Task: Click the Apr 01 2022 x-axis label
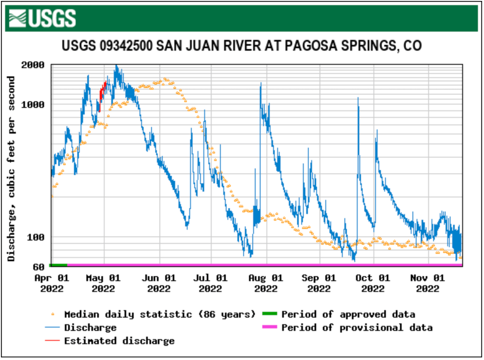click(52, 283)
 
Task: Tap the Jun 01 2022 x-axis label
click(159, 283)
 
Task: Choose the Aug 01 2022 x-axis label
click(266, 283)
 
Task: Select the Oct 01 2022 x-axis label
click(373, 283)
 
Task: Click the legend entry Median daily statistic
click(159, 314)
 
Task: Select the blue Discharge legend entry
click(90, 327)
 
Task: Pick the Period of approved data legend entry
click(348, 314)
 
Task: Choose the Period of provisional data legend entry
click(356, 327)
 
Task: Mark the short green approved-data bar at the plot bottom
click(59, 265)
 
